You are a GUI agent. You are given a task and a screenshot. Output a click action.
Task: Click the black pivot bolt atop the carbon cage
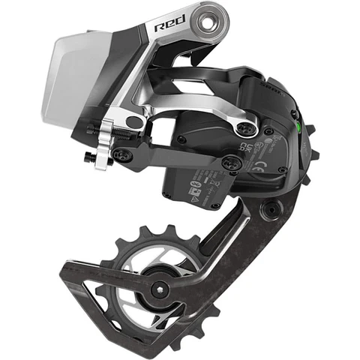(x=271, y=208)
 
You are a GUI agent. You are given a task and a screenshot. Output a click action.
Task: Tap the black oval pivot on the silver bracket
(x=136, y=121)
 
